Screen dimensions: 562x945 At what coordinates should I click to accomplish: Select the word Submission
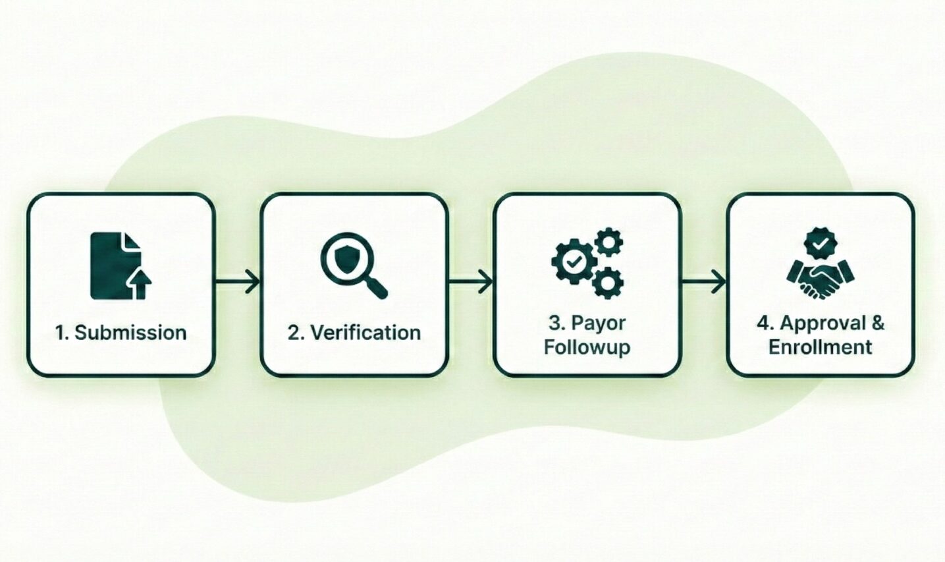pos(130,333)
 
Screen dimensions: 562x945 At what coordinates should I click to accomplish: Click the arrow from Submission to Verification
pos(238,282)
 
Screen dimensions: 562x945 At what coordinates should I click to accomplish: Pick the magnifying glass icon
pos(352,265)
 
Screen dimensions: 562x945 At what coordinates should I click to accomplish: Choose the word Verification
pos(365,333)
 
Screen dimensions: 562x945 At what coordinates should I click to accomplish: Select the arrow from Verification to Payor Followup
pos(471,282)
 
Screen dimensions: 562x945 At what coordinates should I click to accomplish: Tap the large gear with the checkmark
pos(574,262)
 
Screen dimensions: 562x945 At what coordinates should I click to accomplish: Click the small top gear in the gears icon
pos(609,242)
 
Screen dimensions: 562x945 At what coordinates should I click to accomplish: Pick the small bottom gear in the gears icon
pos(607,283)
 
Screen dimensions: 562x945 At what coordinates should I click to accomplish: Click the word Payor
pos(598,323)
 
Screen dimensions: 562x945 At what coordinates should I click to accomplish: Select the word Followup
pos(587,347)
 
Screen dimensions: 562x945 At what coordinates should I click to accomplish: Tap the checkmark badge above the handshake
pos(821,244)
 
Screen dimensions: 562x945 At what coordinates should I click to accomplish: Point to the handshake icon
pos(821,279)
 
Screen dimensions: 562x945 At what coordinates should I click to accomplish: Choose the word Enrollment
pos(821,347)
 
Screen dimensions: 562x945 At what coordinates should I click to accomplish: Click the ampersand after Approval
pos(878,323)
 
